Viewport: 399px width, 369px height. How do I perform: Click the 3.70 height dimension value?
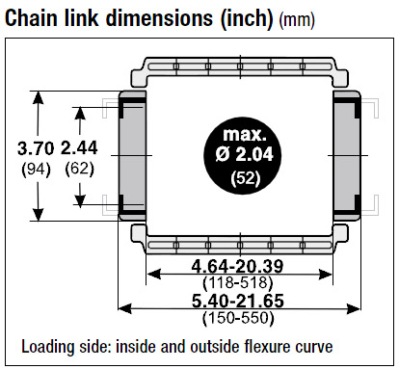point(36,148)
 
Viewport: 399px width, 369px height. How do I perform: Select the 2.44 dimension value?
point(79,148)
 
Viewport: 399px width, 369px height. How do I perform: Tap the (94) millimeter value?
point(36,170)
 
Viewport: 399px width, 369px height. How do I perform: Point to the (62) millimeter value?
point(79,169)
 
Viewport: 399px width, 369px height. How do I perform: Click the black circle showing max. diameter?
point(243,156)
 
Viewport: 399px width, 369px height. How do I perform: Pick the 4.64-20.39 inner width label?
point(238,266)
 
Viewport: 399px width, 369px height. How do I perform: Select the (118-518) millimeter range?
point(238,283)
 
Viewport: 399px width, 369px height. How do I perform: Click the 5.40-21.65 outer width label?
point(238,301)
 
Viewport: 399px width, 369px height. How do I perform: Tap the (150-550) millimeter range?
point(238,318)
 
